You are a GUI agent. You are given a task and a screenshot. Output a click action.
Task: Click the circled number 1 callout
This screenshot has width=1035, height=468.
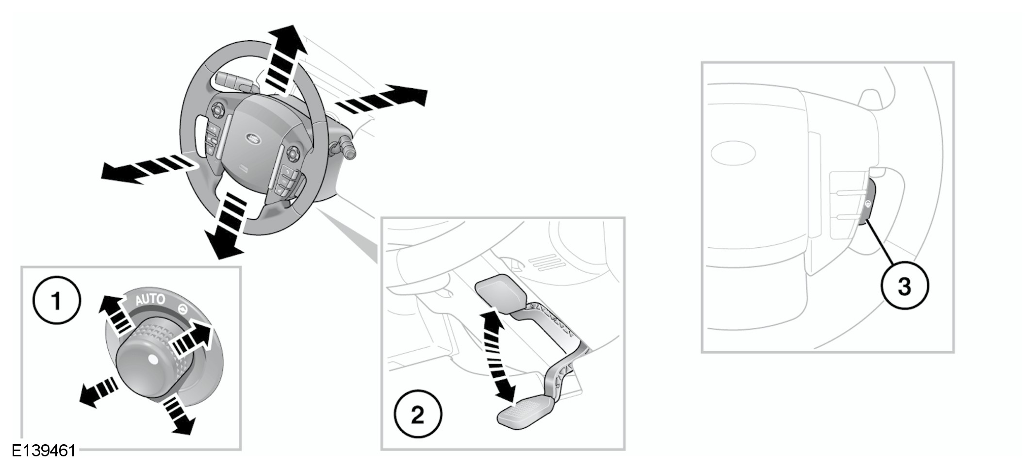(x=57, y=301)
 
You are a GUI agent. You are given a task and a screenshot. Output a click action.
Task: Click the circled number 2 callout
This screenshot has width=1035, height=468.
(x=418, y=415)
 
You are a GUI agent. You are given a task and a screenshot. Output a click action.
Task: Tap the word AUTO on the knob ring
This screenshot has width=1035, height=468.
(x=150, y=300)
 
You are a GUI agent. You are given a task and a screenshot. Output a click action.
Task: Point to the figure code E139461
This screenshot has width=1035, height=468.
(x=44, y=451)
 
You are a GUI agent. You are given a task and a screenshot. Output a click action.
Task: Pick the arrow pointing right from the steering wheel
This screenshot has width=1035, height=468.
(x=383, y=99)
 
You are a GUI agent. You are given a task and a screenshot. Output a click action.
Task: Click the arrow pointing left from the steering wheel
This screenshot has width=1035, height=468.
(x=146, y=168)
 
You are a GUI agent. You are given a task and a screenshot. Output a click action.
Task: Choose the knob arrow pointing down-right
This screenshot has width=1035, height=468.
(x=178, y=415)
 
